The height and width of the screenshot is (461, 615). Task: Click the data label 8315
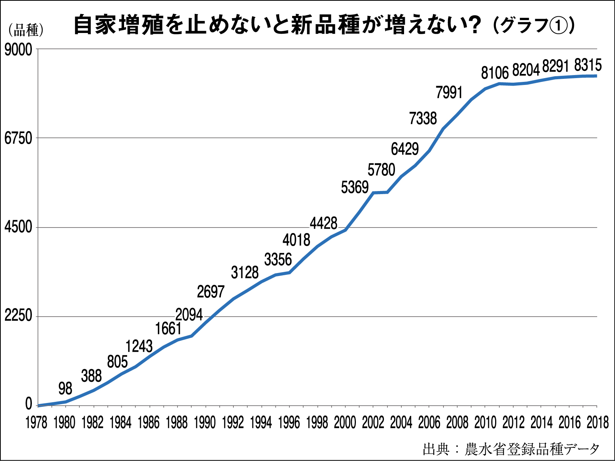(x=588, y=65)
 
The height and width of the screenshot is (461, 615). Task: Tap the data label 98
(x=65, y=389)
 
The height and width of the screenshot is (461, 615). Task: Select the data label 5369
(x=355, y=187)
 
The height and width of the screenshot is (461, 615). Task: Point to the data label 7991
(x=449, y=93)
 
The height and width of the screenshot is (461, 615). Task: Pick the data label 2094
(x=189, y=315)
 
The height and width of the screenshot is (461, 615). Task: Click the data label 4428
(x=324, y=223)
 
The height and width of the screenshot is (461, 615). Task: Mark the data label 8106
(x=495, y=73)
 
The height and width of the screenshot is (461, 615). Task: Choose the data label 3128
(x=245, y=273)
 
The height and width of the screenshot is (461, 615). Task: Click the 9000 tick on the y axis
(x=18, y=50)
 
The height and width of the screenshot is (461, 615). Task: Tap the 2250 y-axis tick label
(x=18, y=316)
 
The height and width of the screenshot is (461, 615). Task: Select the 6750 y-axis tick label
(x=18, y=138)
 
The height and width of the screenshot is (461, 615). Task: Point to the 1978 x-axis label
(x=36, y=422)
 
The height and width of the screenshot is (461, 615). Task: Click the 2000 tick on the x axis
(x=345, y=422)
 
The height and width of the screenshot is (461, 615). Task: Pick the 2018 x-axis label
(x=598, y=422)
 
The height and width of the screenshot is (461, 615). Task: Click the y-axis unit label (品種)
(x=26, y=30)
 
